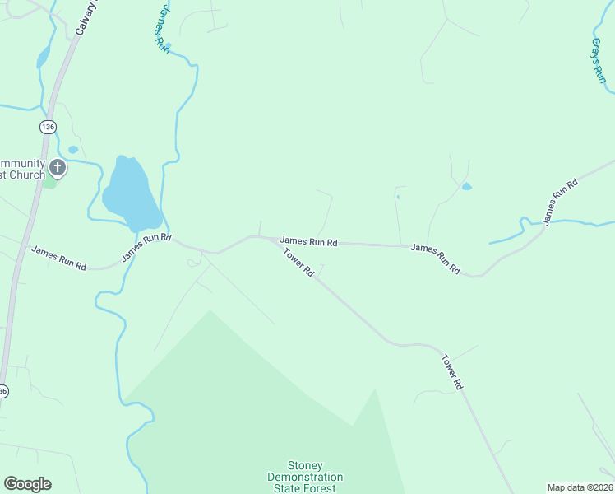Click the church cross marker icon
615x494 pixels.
pos(58,169)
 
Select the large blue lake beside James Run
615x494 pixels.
pos(129,194)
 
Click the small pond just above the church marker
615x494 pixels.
pos(72,150)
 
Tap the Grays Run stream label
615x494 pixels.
pos(599,59)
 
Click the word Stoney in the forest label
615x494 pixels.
pos(305,466)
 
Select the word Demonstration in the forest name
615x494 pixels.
pos(305,478)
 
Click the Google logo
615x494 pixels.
pos(27,484)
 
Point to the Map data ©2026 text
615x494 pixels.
pos(579,487)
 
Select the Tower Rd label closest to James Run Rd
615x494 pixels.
pos(298,263)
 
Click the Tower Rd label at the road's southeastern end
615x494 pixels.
pos(453,372)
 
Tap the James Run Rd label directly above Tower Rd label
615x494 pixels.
pos(308,242)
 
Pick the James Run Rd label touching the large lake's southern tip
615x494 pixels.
pos(146,247)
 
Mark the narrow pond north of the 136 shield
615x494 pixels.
pos(43,57)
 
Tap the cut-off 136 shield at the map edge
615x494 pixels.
pos(3,391)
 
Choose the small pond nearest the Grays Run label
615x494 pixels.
pos(467,187)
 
